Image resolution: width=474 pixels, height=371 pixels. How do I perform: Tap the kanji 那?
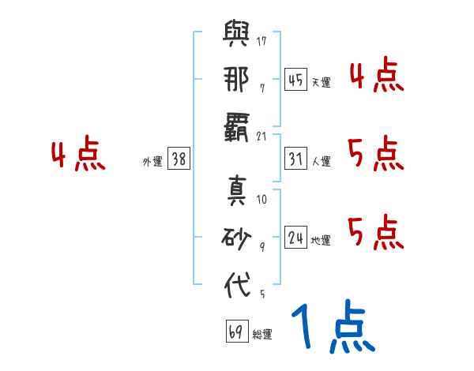[237, 81]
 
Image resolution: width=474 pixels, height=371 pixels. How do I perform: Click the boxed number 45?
[295, 79]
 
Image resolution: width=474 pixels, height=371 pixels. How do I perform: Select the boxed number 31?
[295, 159]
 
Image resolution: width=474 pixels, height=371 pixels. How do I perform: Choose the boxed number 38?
[179, 159]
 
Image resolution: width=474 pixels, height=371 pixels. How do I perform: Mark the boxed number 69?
[235, 332]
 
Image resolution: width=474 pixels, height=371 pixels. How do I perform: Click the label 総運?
[261, 335]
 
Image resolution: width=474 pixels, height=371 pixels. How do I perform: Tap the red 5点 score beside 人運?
[376, 152]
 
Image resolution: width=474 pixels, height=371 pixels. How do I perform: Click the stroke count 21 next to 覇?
[261, 135]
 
